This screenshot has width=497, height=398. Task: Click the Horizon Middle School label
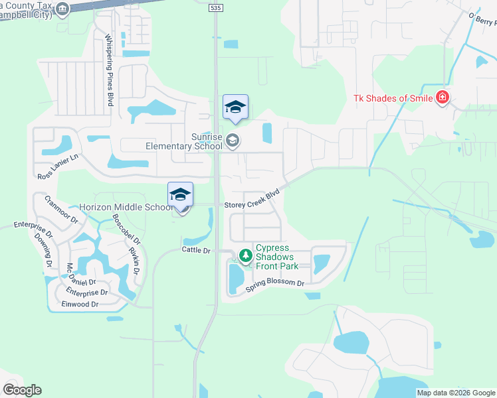(126, 207)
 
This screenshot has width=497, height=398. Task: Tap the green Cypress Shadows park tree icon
(245, 255)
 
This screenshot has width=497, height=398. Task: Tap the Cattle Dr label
(196, 250)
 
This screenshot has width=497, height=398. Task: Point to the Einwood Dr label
(80, 304)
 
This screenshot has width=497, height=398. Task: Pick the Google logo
(22, 390)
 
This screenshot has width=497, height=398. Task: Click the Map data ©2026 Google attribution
(455, 393)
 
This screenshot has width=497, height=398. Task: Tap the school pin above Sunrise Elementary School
(235, 107)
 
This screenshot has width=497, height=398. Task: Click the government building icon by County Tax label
(62, 9)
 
